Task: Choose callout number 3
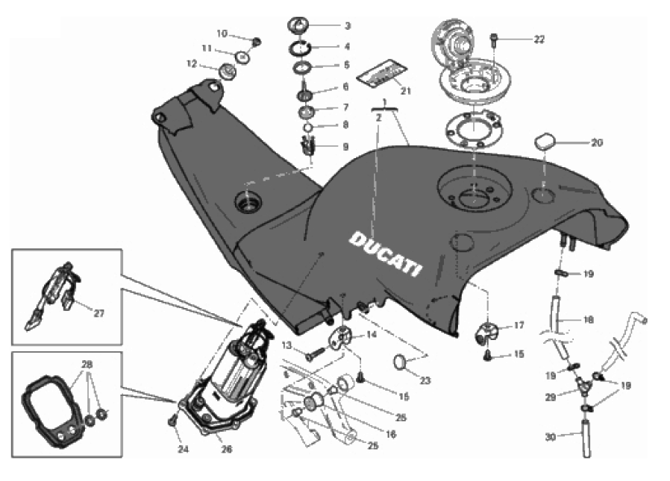(x=347, y=25)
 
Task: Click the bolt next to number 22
(x=494, y=37)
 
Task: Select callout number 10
(x=222, y=34)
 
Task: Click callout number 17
(x=519, y=325)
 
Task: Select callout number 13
(x=286, y=345)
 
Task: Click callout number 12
(x=192, y=64)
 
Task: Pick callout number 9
(x=345, y=147)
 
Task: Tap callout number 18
(x=589, y=320)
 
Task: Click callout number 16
(x=391, y=433)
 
